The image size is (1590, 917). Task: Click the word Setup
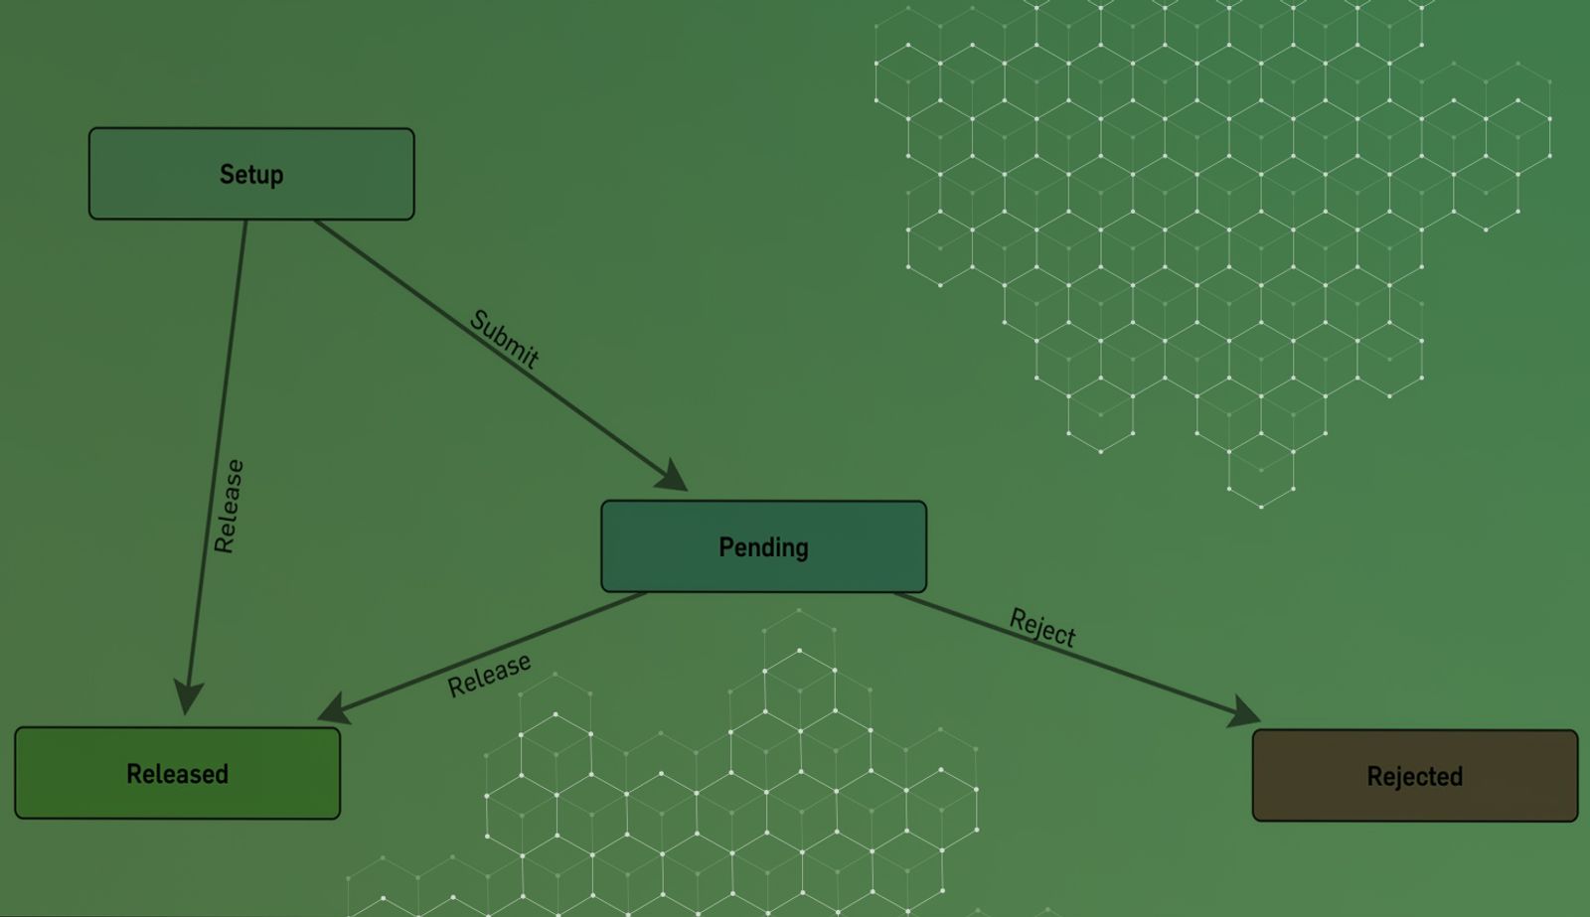251,175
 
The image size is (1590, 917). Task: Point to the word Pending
763,547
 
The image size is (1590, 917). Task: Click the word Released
177,774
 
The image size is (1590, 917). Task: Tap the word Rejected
1414,777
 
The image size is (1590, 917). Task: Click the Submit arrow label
504,339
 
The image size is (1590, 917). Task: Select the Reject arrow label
1042,628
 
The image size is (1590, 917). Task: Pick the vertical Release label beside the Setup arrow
229,506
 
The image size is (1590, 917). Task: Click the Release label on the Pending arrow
489,676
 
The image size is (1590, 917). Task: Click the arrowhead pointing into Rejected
1244,713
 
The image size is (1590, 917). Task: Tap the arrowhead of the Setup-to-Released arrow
188,696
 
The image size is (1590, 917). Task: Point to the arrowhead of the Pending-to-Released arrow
332,709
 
